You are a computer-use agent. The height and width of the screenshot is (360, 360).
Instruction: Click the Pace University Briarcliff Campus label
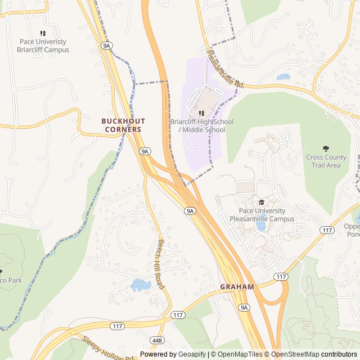pyautogui.click(x=43, y=46)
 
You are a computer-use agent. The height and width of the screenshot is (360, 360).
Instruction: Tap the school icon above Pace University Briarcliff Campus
pyautogui.click(x=43, y=34)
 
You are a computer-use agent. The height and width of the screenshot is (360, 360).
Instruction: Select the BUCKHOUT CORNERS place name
pyautogui.click(x=123, y=125)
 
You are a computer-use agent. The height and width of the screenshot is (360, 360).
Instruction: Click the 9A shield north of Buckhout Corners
pyautogui.click(x=107, y=45)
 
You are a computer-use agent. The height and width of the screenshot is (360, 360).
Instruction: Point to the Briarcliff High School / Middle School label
pyautogui.click(x=201, y=126)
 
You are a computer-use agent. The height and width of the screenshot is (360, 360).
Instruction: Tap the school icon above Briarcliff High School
pyautogui.click(x=201, y=113)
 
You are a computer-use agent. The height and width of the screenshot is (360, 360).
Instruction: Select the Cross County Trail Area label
pyautogui.click(x=326, y=161)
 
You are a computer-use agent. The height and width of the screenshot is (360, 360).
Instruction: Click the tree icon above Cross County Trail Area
pyautogui.click(x=326, y=148)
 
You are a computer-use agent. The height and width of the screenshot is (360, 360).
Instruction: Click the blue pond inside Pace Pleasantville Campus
pyautogui.click(x=260, y=226)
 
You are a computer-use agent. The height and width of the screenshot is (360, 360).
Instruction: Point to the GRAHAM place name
pyautogui.click(x=237, y=286)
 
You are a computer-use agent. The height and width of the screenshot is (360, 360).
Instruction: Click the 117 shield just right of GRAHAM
pyautogui.click(x=281, y=276)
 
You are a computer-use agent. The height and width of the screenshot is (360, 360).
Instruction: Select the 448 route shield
pyautogui.click(x=157, y=341)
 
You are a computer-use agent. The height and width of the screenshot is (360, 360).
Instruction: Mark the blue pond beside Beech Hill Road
pyautogui.click(x=139, y=285)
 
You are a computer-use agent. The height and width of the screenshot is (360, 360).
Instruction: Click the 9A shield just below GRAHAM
pyautogui.click(x=244, y=307)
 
